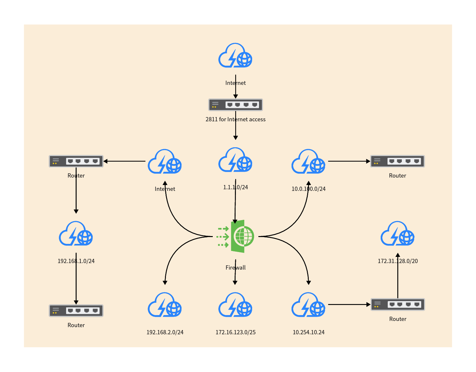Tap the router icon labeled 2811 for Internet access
tap(236, 105)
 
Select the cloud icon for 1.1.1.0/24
tap(235, 160)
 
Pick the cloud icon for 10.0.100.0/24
tap(308, 162)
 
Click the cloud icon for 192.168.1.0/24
tap(76, 234)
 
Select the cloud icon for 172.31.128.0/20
tap(398, 234)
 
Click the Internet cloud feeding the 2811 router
tap(235, 56)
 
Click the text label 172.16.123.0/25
tap(236, 332)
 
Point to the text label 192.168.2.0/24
tap(165, 332)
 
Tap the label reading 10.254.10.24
tap(308, 332)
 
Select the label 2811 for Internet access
tap(236, 119)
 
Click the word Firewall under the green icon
tap(236, 268)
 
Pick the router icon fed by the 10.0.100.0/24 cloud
tap(398, 161)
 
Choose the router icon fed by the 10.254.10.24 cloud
tap(398, 304)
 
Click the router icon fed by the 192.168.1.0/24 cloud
tap(76, 311)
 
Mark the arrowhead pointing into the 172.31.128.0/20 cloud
tap(398, 255)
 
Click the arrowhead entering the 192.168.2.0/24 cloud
tap(165, 283)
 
